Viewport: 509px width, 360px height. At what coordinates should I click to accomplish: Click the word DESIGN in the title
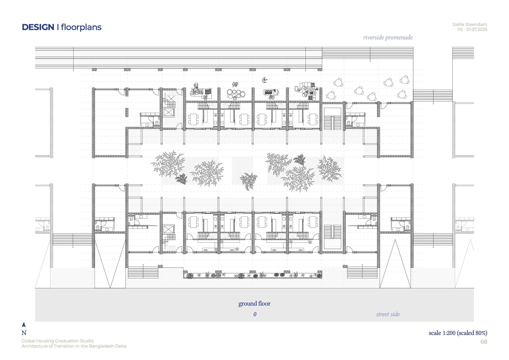point(38,27)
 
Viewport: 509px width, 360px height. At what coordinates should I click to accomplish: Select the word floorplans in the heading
point(81,27)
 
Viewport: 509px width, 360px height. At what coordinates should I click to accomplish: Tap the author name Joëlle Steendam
point(470,25)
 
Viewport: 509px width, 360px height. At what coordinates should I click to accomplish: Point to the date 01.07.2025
point(477,30)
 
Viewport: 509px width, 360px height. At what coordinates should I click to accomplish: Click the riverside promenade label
point(388,38)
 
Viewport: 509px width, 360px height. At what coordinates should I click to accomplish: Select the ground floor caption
point(254,304)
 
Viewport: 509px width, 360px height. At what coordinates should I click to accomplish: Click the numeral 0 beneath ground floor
point(255,314)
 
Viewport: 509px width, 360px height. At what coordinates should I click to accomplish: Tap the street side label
point(388,314)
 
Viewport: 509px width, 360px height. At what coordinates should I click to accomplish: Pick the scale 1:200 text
point(442,333)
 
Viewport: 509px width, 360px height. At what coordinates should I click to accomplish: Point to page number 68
point(484,342)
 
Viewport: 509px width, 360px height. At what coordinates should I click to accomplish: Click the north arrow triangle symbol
point(24,325)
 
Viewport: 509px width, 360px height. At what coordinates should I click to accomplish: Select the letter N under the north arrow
point(24,333)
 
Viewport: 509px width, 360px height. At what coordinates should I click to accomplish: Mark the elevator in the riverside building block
point(168,112)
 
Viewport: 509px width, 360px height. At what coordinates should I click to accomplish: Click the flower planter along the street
point(253,275)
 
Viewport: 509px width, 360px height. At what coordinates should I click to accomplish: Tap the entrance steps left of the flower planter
point(143,273)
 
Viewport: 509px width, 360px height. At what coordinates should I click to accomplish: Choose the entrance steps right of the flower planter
point(362,273)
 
